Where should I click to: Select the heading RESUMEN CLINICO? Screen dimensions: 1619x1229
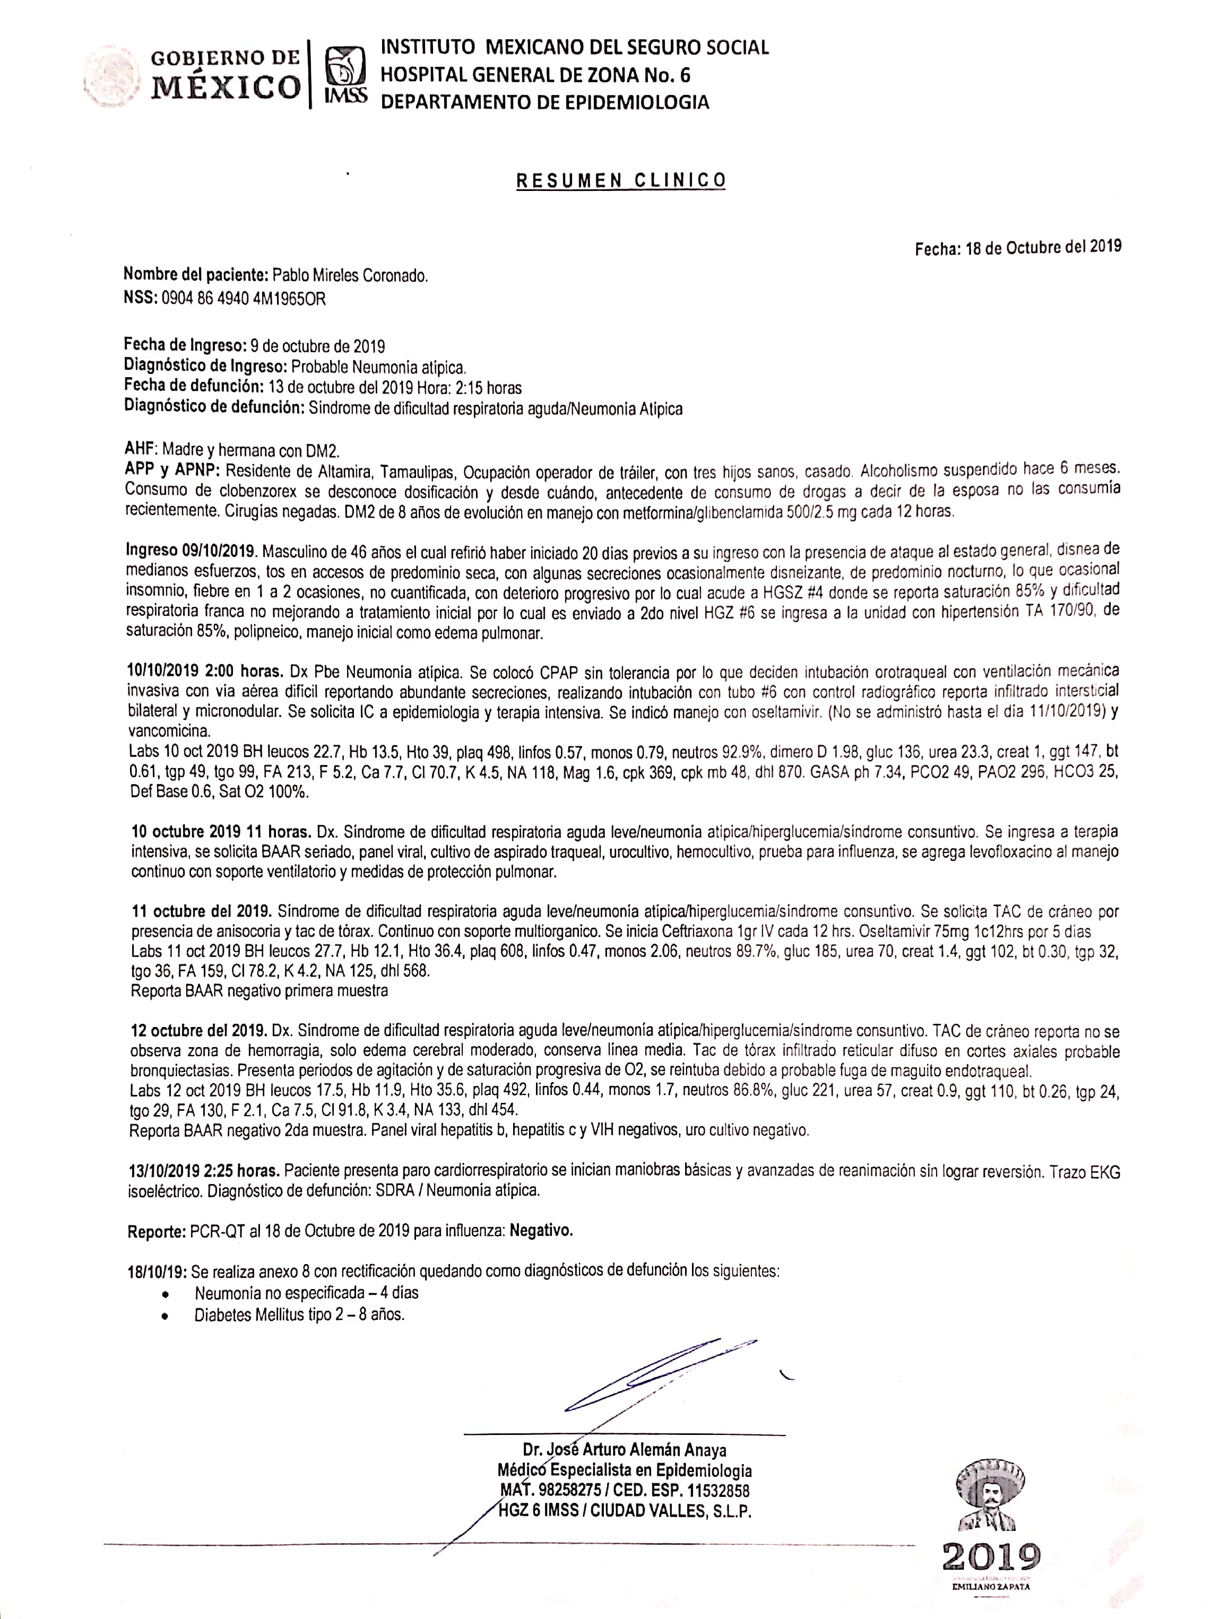click(x=621, y=180)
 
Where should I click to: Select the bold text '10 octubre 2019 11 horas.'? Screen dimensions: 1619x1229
click(x=222, y=832)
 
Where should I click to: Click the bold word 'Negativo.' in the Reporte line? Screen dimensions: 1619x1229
click(x=541, y=1231)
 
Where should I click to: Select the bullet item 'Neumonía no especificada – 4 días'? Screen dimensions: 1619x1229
click(x=306, y=1293)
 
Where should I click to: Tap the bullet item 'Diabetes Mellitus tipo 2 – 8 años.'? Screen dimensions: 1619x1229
click(x=299, y=1315)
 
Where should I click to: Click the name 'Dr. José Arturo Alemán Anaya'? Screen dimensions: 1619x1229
click(x=625, y=1450)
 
